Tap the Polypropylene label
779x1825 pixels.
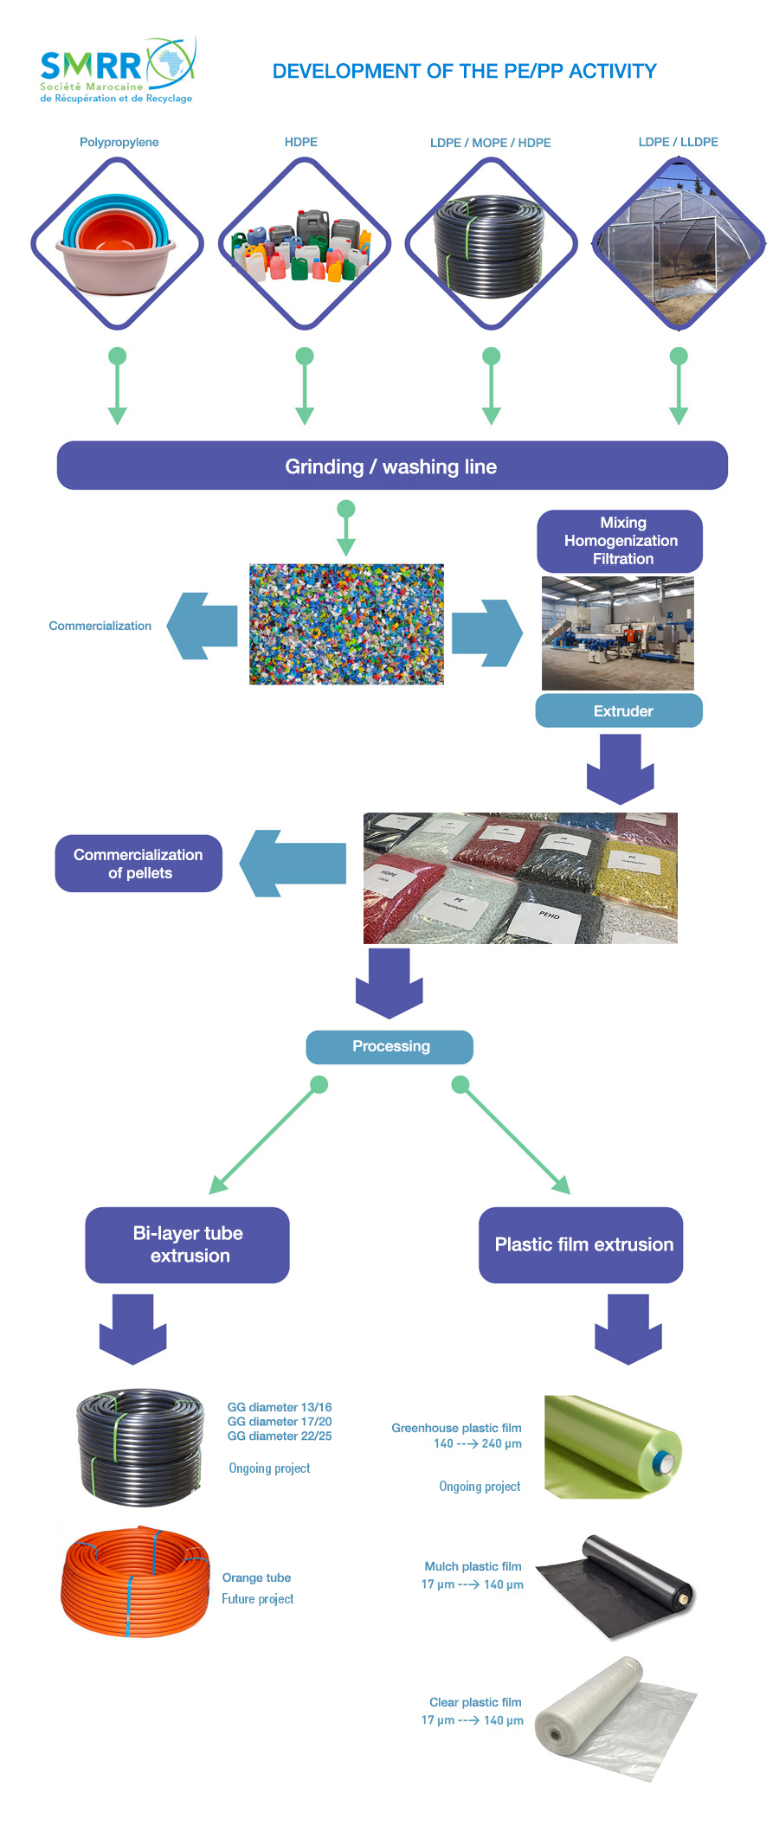click(x=119, y=142)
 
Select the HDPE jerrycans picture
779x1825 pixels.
click(x=304, y=244)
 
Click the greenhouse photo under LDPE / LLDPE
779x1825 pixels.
click(x=679, y=244)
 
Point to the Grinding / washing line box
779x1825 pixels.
click(x=392, y=466)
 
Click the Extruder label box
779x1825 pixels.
click(x=619, y=710)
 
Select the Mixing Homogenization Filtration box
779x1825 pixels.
click(x=620, y=541)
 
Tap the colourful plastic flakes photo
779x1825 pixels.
click(x=346, y=625)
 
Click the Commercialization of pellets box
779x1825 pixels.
click(x=138, y=863)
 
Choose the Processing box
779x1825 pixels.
click(x=389, y=1046)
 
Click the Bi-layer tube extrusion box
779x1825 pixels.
click(x=187, y=1244)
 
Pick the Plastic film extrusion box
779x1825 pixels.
click(x=581, y=1244)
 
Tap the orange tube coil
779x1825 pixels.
click(x=135, y=1582)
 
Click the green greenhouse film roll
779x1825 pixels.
click(x=613, y=1447)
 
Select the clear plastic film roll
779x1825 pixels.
click(x=615, y=1717)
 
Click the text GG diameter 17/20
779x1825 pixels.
click(x=280, y=1422)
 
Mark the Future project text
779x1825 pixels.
click(x=257, y=1599)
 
